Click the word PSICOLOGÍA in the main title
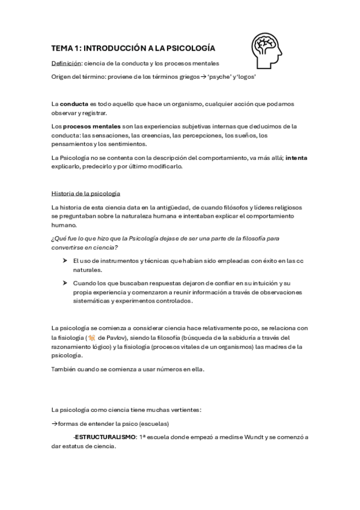tap(186, 48)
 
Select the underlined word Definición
tap(66, 63)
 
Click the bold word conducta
tap(75, 103)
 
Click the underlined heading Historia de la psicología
tap(86, 193)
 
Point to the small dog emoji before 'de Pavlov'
tap(91, 338)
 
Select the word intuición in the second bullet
tap(267, 283)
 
